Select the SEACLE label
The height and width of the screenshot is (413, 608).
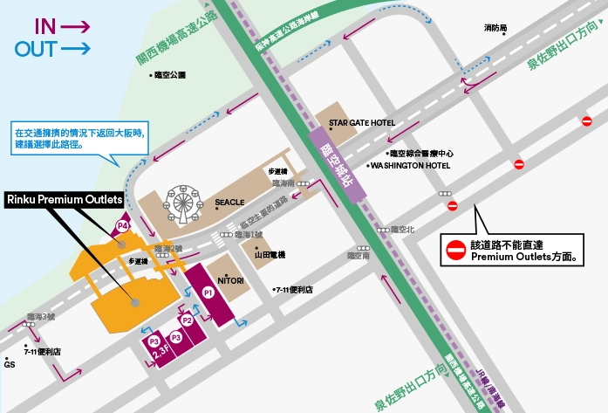point(229,203)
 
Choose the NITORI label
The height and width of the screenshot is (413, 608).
point(230,279)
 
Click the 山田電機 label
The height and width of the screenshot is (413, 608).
point(270,254)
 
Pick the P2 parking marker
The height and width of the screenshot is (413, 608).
point(187,320)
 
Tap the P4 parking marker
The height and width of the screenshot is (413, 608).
point(123,226)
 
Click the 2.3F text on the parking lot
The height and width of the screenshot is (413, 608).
point(160,353)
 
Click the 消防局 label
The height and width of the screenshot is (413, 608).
point(495,29)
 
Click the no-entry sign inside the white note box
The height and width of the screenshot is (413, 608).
point(456,251)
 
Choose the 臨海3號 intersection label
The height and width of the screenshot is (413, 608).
point(40,317)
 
